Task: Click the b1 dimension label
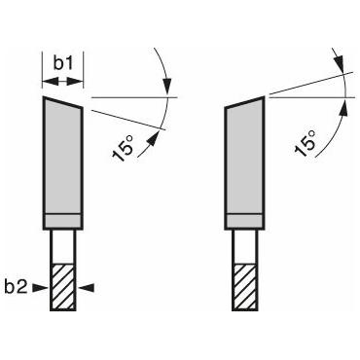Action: point(63,63)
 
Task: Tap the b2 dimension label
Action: point(16,287)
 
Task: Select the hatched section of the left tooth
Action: point(63,288)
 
